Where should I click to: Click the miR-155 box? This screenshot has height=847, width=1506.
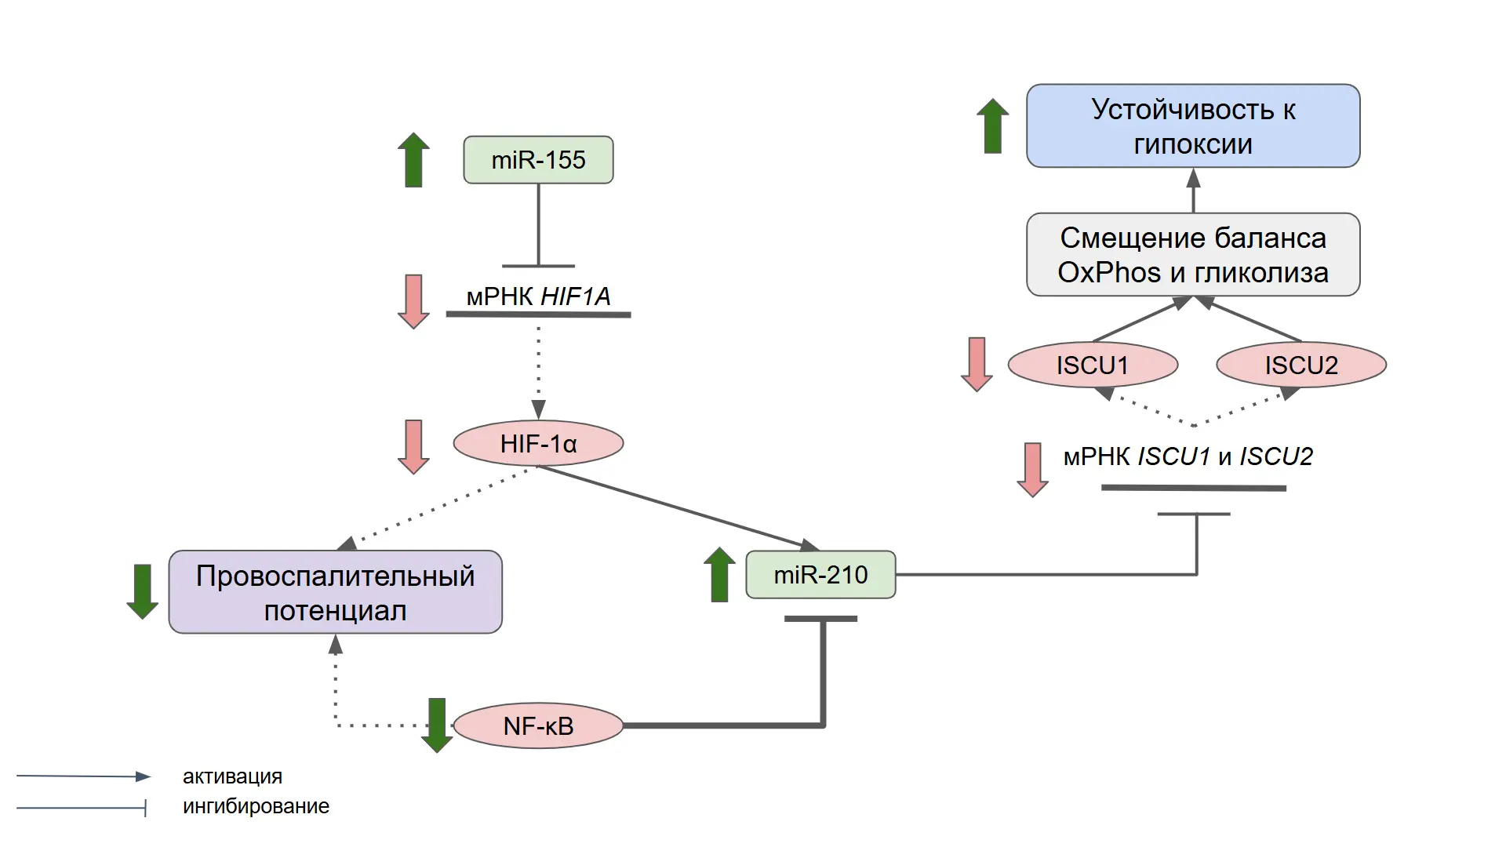[x=538, y=160]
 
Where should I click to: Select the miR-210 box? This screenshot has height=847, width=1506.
[x=820, y=575]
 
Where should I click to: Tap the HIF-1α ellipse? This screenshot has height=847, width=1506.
[x=538, y=444]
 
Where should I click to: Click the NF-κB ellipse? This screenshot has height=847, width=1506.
[x=538, y=726]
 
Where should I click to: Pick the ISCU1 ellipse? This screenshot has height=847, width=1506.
[x=1093, y=365]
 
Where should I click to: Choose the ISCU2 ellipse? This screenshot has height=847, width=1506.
[x=1301, y=365]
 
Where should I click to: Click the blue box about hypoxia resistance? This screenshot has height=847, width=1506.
[x=1193, y=126]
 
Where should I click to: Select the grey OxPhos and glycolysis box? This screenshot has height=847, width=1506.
[x=1193, y=255]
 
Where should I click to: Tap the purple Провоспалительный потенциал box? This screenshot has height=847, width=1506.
[x=336, y=592]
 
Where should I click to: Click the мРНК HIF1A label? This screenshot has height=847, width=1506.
[x=538, y=296]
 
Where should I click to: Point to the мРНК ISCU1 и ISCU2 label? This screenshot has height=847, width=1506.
[x=1188, y=456]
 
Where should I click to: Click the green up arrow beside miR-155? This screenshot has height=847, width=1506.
[x=413, y=160]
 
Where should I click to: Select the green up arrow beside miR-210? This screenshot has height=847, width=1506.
[x=719, y=574]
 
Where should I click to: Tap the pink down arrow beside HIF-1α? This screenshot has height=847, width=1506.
[x=413, y=447]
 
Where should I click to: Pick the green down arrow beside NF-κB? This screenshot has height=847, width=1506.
[x=437, y=725]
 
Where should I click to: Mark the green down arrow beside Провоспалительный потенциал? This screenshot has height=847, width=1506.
[x=143, y=591]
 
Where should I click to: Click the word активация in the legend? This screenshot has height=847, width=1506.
[x=232, y=776]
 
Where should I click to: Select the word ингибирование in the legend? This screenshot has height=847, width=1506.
[x=256, y=806]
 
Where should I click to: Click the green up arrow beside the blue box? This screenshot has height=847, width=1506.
[x=992, y=125]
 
